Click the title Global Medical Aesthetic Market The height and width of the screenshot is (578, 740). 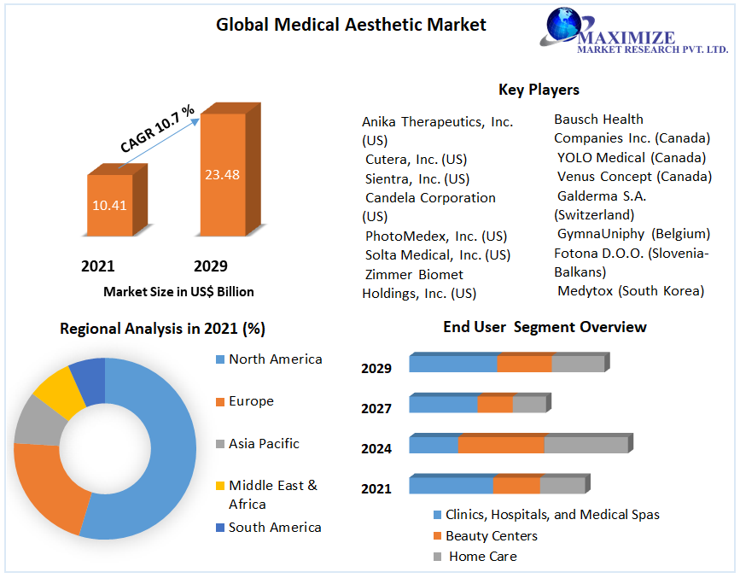click(x=351, y=25)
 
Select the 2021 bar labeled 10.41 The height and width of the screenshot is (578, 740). click(x=109, y=205)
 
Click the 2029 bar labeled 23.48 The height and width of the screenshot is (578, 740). click(x=222, y=174)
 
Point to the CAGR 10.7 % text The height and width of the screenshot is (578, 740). click(x=158, y=129)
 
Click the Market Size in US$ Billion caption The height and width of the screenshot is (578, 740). click(x=178, y=291)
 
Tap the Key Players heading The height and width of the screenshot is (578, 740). click(x=539, y=90)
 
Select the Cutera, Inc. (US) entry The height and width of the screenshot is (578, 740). click(x=416, y=160)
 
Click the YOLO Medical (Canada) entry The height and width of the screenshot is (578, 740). click(x=631, y=157)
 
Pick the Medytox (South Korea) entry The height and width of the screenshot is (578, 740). click(x=631, y=291)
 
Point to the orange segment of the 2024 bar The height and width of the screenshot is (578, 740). click(x=501, y=445)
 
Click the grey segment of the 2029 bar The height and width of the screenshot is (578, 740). click(x=578, y=364)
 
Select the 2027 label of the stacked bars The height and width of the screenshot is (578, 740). click(x=376, y=408)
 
